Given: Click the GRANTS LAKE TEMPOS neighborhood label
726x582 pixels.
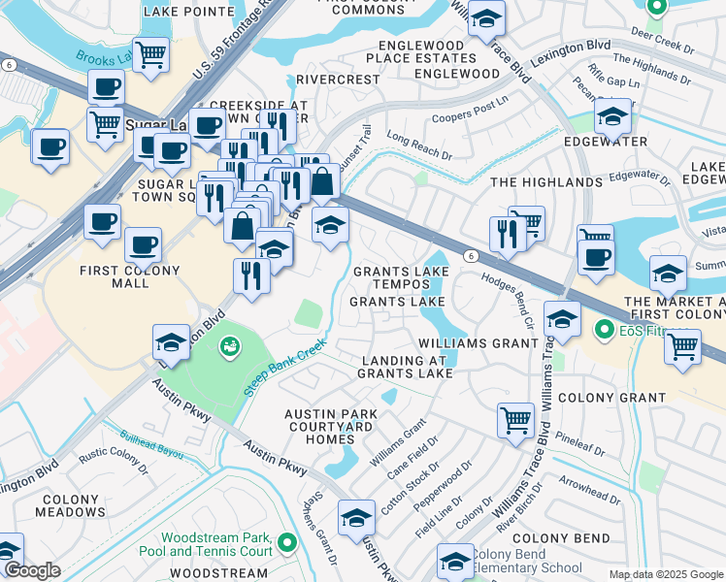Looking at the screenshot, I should [391, 277].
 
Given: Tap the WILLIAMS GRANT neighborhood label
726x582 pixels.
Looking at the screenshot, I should [478, 343].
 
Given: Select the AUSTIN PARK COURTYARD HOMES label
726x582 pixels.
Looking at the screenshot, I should [331, 426].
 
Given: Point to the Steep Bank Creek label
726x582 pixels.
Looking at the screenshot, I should [286, 368].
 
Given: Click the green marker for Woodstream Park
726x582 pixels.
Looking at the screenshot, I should [286, 541].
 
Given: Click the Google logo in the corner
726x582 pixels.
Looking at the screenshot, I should [31, 570].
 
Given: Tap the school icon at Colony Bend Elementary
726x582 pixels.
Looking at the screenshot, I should [454, 560].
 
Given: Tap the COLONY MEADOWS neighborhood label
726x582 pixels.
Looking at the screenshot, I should [71, 505].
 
